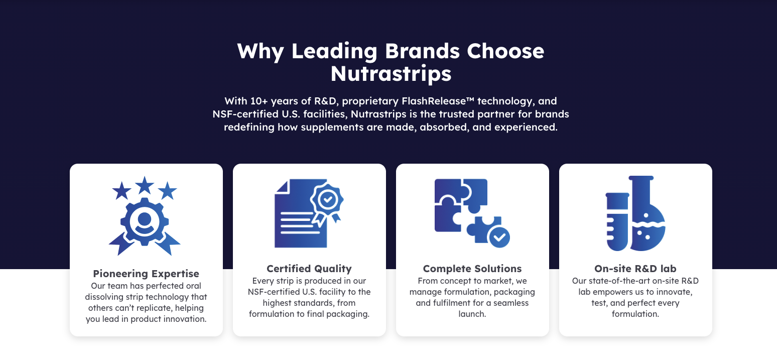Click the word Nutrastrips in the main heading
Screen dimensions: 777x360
coord(391,73)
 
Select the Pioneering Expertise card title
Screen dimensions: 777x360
coord(146,274)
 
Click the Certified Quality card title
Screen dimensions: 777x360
coord(309,269)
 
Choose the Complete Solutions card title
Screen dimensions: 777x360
coord(472,269)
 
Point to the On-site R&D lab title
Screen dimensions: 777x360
coord(635,269)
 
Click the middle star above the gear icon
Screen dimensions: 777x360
coord(145,185)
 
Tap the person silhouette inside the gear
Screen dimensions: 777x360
coord(144,222)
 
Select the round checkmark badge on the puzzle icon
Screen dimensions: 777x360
coord(499,237)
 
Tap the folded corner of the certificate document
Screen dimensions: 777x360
coord(283,186)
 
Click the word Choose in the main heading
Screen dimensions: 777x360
coord(505,51)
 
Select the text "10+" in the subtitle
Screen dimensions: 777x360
coord(259,101)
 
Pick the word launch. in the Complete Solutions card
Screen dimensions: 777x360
coord(472,314)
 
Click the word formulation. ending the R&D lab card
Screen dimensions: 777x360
coord(635,314)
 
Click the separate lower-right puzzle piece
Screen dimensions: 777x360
coord(483,229)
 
